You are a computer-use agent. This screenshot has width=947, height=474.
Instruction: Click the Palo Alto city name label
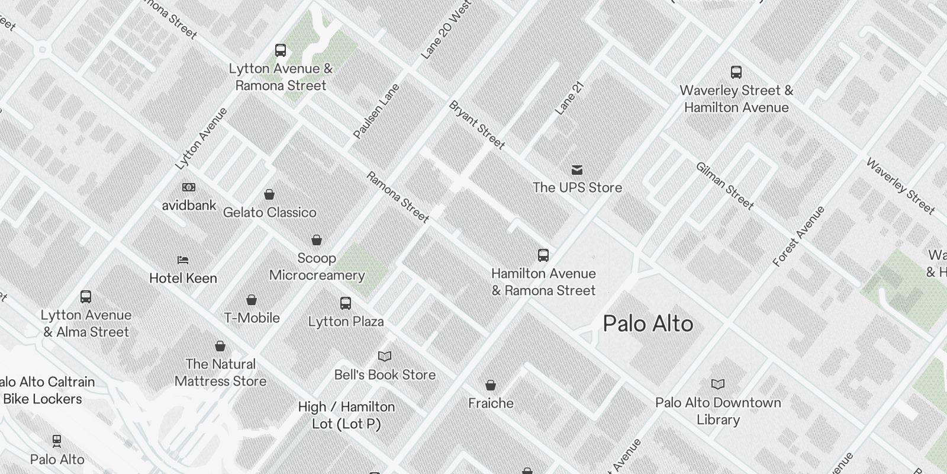pyautogui.click(x=648, y=324)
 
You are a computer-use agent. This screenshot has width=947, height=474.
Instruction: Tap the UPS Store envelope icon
pyautogui.click(x=576, y=171)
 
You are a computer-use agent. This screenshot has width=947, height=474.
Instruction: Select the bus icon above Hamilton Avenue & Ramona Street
pyautogui.click(x=543, y=255)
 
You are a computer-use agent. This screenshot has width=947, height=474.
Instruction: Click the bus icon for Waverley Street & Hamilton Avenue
pyautogui.click(x=736, y=72)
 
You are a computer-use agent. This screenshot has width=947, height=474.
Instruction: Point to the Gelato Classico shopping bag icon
pyautogui.click(x=269, y=194)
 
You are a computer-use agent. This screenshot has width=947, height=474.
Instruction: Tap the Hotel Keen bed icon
pyautogui.click(x=183, y=260)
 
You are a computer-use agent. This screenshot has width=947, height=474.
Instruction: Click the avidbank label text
pyautogui.click(x=189, y=206)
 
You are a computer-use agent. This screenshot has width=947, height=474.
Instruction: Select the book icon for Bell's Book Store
pyautogui.click(x=385, y=356)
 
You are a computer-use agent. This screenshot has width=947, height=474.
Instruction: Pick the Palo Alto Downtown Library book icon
pyautogui.click(x=717, y=384)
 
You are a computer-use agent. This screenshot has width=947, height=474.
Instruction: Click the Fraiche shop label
pyautogui.click(x=491, y=403)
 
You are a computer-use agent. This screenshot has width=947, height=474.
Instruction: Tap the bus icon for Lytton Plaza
pyautogui.click(x=346, y=303)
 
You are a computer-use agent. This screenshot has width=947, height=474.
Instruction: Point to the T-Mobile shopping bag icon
pyautogui.click(x=252, y=300)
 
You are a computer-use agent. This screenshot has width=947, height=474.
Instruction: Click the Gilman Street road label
pyautogui.click(x=724, y=186)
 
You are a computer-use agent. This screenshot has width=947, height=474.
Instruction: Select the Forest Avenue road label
pyautogui.click(x=798, y=236)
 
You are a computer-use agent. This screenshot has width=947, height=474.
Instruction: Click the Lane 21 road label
pyautogui.click(x=569, y=98)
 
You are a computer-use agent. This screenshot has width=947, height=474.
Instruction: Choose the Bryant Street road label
pyautogui.click(x=476, y=125)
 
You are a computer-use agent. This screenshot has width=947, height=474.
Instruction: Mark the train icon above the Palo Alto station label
pyautogui.click(x=57, y=441)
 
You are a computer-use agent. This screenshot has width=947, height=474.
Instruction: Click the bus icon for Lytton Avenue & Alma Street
pyautogui.click(x=85, y=297)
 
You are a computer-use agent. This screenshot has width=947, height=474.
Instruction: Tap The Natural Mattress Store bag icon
pyautogui.click(x=220, y=346)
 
